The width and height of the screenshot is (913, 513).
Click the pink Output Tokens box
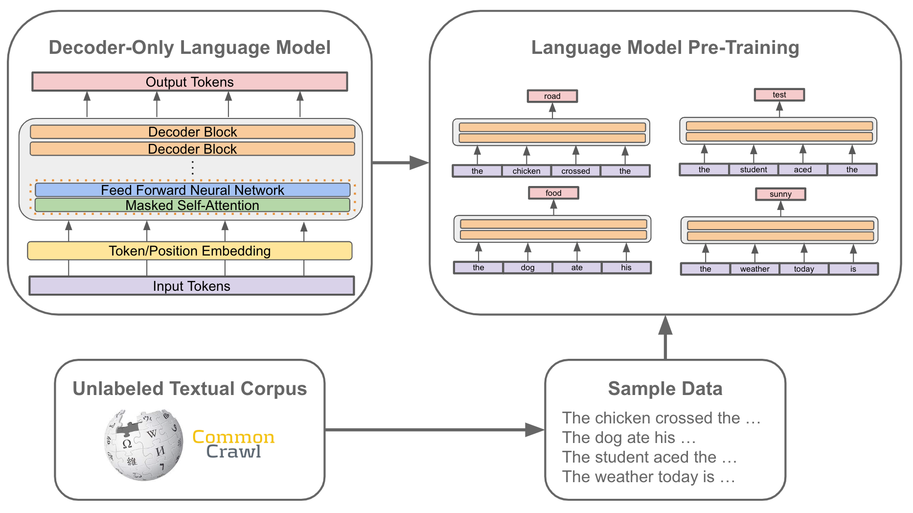pyautogui.click(x=190, y=82)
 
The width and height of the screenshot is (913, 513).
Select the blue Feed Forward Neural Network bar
pyautogui.click(x=192, y=190)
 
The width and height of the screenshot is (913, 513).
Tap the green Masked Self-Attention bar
pyautogui.click(x=192, y=205)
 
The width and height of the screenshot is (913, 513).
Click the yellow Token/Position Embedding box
pyautogui.click(x=190, y=251)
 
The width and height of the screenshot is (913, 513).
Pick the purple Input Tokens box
pyautogui.click(x=191, y=286)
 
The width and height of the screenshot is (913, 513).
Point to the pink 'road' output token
pyautogui.click(x=552, y=96)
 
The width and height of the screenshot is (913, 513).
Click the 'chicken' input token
pyautogui.click(x=526, y=171)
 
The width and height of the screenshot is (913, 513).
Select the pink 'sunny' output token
pyautogui.click(x=780, y=194)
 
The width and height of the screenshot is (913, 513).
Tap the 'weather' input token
pyautogui.click(x=754, y=269)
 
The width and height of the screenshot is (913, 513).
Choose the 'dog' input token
pyautogui.click(x=527, y=268)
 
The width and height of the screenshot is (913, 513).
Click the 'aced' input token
pyautogui.click(x=802, y=170)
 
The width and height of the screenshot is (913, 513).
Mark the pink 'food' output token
pyautogui.click(x=553, y=193)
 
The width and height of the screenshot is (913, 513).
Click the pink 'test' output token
pyautogui.click(x=779, y=95)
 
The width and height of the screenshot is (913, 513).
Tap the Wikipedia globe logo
pyautogui.click(x=143, y=444)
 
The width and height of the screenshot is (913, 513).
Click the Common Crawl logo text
pyautogui.click(x=233, y=444)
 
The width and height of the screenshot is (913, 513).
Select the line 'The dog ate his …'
pyautogui.click(x=629, y=438)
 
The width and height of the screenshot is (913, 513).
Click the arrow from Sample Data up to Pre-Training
pyautogui.click(x=665, y=338)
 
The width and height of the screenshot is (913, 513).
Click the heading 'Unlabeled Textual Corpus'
pyautogui.click(x=190, y=389)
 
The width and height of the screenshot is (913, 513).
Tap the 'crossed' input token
pyautogui.click(x=575, y=171)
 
